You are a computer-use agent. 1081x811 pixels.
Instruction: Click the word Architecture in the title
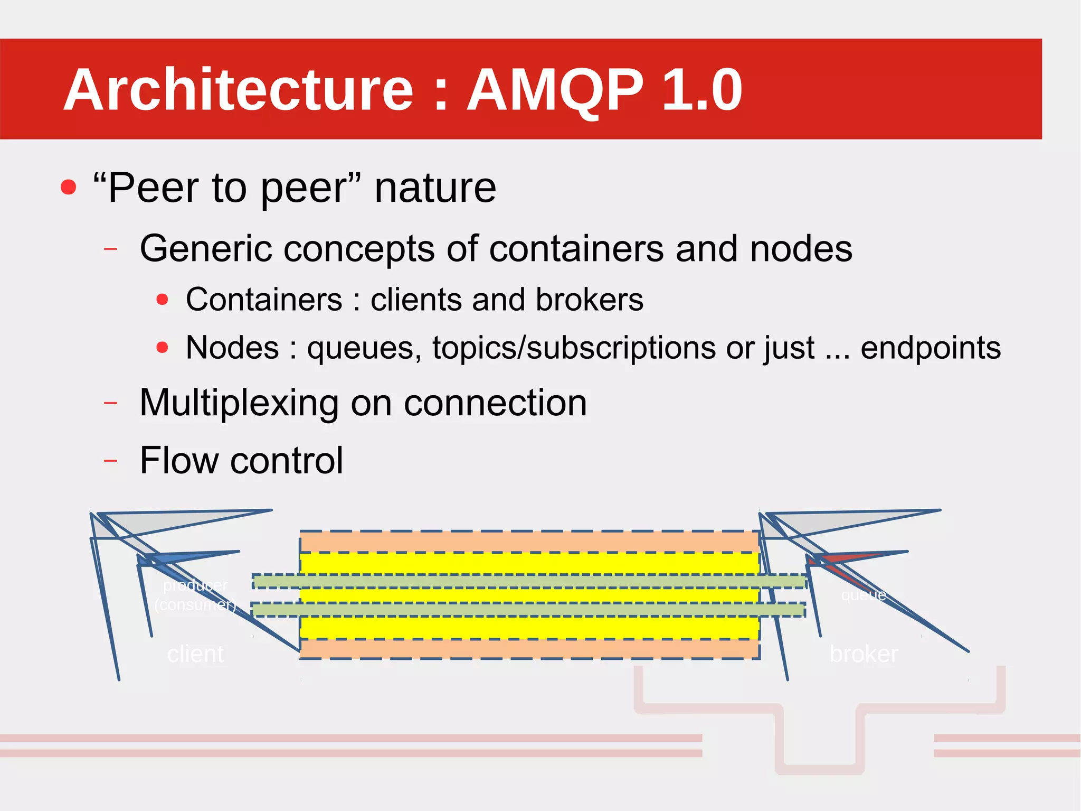click(238, 90)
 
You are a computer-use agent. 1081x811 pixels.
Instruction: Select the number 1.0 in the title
click(702, 90)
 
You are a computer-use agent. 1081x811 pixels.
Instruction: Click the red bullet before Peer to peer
click(68, 187)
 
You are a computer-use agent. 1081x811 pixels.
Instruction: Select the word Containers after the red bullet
click(264, 300)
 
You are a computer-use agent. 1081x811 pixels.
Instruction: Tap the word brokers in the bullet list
click(589, 300)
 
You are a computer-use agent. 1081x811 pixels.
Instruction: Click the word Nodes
click(232, 348)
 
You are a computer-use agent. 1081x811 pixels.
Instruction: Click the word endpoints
click(930, 348)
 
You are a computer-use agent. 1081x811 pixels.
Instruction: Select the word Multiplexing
click(239, 404)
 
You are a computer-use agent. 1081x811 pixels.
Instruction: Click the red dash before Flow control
click(110, 461)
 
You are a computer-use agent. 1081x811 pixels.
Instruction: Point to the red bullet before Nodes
click(162, 348)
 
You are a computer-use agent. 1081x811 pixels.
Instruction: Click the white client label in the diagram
click(195, 654)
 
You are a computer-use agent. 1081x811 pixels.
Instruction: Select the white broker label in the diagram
click(864, 654)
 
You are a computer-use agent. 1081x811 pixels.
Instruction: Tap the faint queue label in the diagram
click(864, 595)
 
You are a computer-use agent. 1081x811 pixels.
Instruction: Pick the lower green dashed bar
click(528, 610)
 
